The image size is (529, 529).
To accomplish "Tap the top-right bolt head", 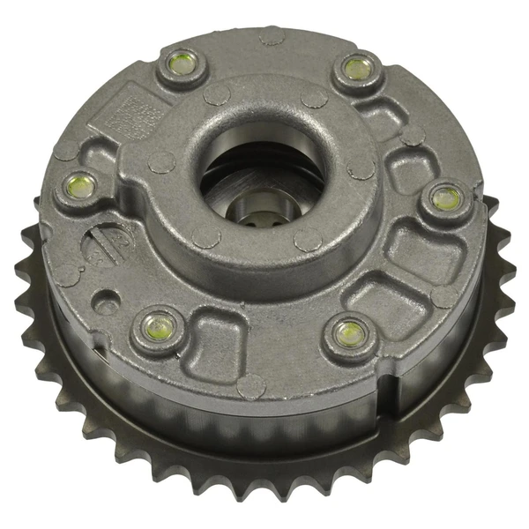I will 355,68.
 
